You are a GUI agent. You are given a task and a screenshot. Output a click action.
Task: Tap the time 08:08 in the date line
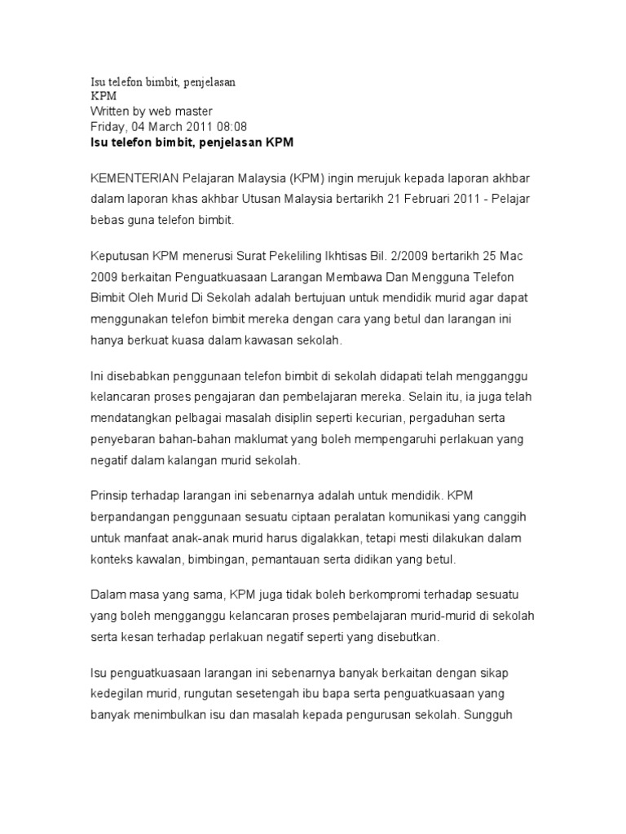click(231, 126)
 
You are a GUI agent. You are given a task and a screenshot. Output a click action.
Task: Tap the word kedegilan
click(116, 695)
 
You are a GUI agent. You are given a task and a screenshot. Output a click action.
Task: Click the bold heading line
click(191, 142)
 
